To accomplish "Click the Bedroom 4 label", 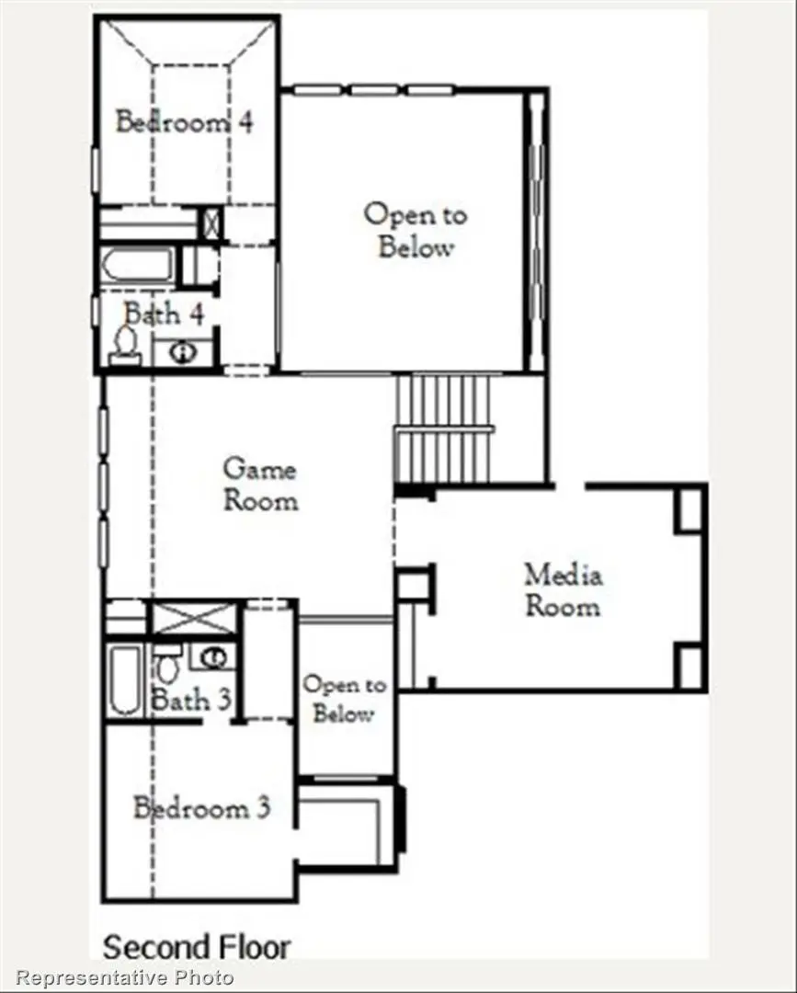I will [184, 121].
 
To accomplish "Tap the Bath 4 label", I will [164, 314].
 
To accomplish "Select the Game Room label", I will [260, 485].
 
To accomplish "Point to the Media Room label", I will [563, 590].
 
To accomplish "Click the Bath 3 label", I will [190, 700].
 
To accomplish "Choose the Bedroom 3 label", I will [201, 809].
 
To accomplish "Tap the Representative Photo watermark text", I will [125, 977].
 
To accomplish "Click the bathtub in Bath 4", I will [137, 265].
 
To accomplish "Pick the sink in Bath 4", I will [182, 351].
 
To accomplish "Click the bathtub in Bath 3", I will [123, 680].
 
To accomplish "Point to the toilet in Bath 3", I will [166, 660].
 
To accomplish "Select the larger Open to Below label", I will [416, 231].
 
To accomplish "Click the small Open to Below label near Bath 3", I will [344, 699].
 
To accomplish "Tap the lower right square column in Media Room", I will [689, 667].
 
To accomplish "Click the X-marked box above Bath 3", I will [193, 617].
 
